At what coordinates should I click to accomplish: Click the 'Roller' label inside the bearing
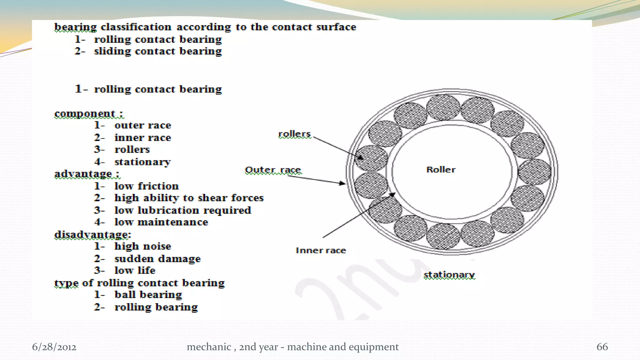pyautogui.click(x=441, y=170)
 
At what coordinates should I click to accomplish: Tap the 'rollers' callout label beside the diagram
pyautogui.click(x=294, y=134)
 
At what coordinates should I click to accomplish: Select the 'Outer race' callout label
pyautogui.click(x=273, y=170)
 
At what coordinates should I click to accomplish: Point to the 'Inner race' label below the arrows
pyautogui.click(x=321, y=250)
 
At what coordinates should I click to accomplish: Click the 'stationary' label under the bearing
pyautogui.click(x=449, y=275)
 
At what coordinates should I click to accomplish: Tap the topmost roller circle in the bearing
pyautogui.click(x=443, y=107)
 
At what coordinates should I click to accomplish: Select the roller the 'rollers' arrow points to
pyautogui.click(x=371, y=158)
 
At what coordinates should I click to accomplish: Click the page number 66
pyautogui.click(x=602, y=347)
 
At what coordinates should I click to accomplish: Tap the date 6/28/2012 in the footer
pyautogui.click(x=54, y=347)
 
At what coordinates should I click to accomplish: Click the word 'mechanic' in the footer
pyautogui.click(x=209, y=347)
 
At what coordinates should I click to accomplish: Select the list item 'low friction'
pyautogui.click(x=146, y=186)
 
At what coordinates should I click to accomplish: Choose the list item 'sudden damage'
pyautogui.click(x=157, y=259)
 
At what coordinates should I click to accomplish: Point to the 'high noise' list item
pyautogui.click(x=142, y=246)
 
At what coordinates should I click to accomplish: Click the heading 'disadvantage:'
pyautogui.click(x=92, y=234)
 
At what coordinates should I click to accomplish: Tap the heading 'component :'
pyautogui.click(x=88, y=113)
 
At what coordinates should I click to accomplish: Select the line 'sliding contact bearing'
pyautogui.click(x=158, y=51)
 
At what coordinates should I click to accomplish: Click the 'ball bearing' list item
pyautogui.click(x=148, y=295)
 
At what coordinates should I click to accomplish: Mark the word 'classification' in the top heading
pyautogui.click(x=136, y=27)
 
